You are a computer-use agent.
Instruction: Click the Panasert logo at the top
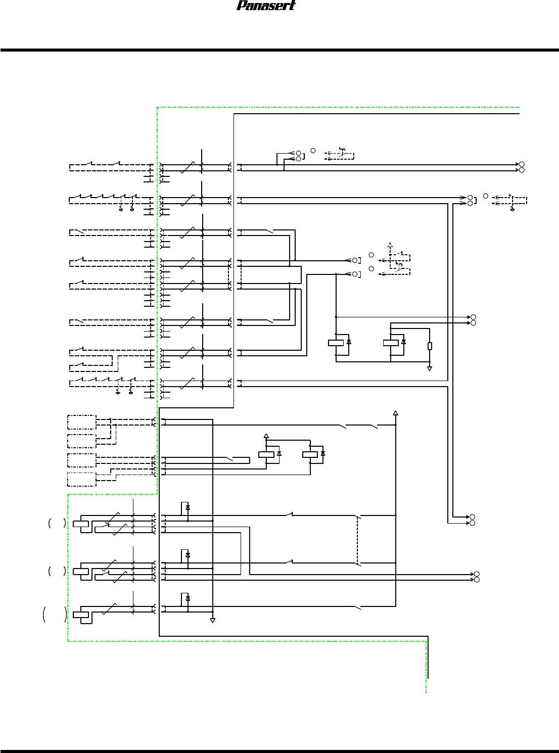(266, 6)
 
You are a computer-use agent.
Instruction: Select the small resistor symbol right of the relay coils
(430, 346)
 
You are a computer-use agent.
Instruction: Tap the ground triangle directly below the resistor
(430, 369)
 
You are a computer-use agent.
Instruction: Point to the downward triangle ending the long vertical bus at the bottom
(213, 620)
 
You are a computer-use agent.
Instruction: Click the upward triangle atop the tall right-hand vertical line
(396, 413)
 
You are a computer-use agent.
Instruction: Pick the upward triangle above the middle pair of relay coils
(266, 436)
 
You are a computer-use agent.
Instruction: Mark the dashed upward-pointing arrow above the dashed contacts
(390, 245)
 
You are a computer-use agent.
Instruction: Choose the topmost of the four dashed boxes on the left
(82, 422)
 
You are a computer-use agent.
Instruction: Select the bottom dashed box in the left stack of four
(82, 479)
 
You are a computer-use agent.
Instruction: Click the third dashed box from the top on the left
(82, 460)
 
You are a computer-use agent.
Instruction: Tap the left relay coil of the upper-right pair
(336, 343)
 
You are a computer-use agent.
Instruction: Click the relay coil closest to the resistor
(391, 343)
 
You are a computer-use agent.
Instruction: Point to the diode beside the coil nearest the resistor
(403, 343)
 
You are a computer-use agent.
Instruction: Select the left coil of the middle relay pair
(266, 454)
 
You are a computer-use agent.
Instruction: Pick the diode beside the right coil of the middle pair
(323, 454)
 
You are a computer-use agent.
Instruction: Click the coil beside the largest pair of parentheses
(81, 615)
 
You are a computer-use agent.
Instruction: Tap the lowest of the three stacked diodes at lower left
(188, 598)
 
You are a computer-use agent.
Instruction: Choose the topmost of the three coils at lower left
(81, 524)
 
